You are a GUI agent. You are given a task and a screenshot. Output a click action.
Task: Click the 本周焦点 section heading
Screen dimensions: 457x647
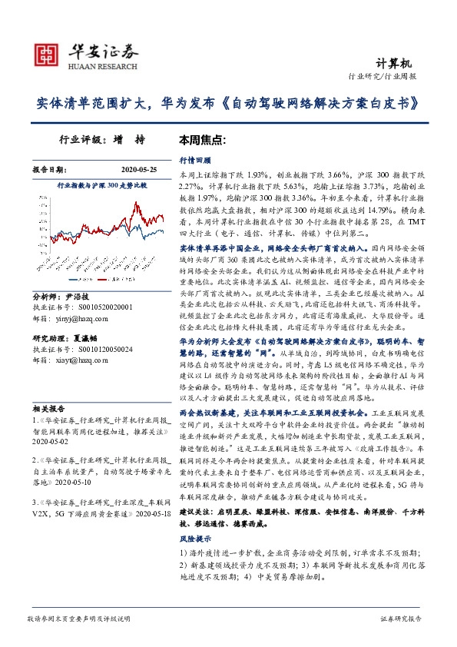pyautogui.click(x=202, y=141)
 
